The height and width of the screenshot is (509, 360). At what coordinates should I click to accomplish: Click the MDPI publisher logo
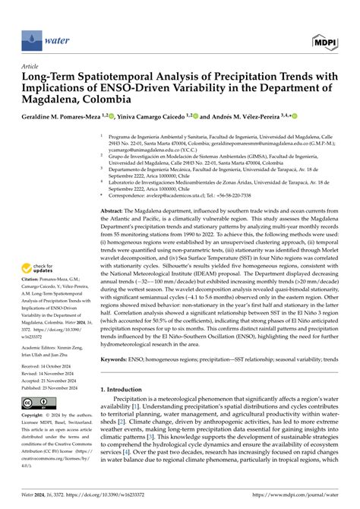point(324,40)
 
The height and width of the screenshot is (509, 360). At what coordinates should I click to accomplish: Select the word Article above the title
point(33,66)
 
